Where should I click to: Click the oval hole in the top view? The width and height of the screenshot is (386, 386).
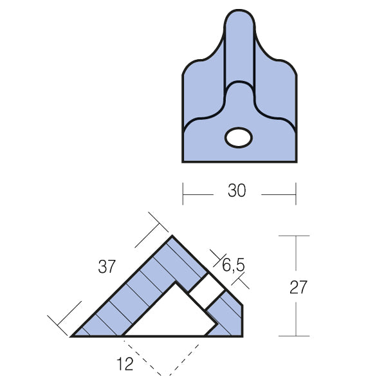pos(239,138)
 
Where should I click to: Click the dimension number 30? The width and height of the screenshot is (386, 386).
pos(237,190)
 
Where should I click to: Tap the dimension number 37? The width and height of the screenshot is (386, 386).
pos(107,266)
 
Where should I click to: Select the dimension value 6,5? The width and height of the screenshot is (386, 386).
pos(234,265)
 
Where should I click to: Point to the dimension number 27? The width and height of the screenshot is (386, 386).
pos(299,287)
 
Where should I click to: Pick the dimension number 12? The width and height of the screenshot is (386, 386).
pos(125,364)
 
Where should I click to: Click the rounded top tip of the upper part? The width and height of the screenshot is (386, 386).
pos(239,10)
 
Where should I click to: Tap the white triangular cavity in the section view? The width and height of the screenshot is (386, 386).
pos(170,313)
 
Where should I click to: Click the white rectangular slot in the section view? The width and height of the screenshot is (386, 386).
pos(207,291)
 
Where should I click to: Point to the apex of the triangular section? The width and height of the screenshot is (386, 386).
pos(172,236)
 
